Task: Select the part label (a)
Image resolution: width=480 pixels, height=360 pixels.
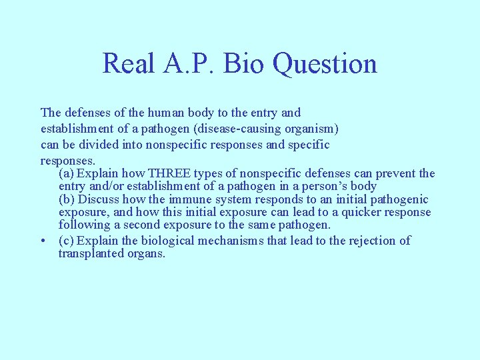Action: coord(67,173)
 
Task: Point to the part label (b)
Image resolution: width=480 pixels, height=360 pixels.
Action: coord(67,200)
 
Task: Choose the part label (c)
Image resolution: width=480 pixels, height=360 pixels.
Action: coord(67,240)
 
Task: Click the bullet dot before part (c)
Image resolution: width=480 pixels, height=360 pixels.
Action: coord(43,241)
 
